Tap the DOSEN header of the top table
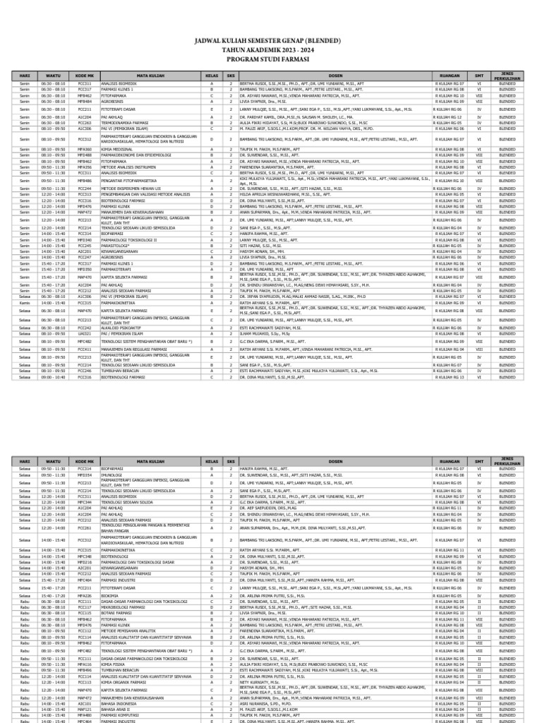tap(335, 75)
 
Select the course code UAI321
tap(85, 333)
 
